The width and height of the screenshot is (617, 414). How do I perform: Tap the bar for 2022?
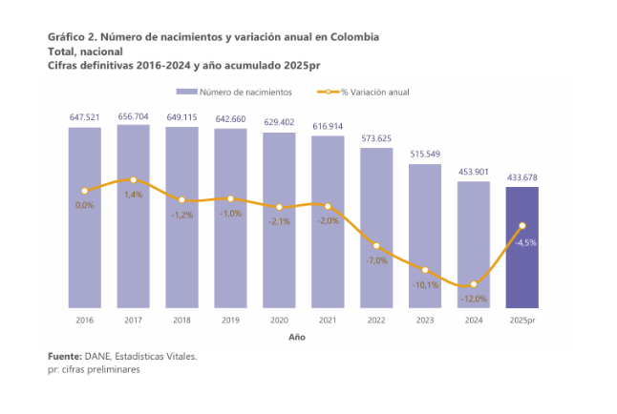pyautogui.click(x=376, y=234)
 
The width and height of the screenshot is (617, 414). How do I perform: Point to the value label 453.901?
pyautogui.click(x=474, y=172)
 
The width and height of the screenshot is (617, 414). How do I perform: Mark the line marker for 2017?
pyautogui.click(x=133, y=180)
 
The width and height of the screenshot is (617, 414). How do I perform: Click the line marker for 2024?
pyautogui.click(x=474, y=284)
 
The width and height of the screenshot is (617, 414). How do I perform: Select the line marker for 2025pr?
pyautogui.click(x=522, y=226)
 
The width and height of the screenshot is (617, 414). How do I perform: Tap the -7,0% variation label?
pyautogui.click(x=376, y=260)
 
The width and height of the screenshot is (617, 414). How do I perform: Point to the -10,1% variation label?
pyautogui.click(x=425, y=284)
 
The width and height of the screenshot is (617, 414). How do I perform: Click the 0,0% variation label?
pyautogui.click(x=84, y=205)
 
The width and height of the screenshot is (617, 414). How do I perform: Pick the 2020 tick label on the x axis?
pyautogui.click(x=279, y=320)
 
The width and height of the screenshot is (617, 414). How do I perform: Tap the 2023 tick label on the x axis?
pyautogui.click(x=425, y=320)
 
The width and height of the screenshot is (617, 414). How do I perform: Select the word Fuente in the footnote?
pyautogui.click(x=65, y=356)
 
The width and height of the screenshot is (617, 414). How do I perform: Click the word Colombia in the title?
pyautogui.click(x=354, y=36)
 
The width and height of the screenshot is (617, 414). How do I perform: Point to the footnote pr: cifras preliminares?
pyautogui.click(x=94, y=369)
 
